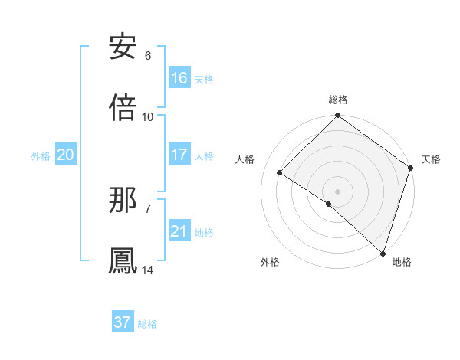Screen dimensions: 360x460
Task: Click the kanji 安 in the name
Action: [123, 47]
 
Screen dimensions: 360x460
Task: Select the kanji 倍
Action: [123, 107]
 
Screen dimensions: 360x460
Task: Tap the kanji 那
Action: [123, 200]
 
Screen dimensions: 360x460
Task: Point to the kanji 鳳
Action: [123, 260]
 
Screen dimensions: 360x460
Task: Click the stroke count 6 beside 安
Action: [148, 56]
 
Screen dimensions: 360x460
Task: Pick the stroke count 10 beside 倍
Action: [148, 117]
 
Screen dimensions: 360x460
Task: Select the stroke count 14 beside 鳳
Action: [148, 270]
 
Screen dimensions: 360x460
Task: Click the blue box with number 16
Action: [179, 78]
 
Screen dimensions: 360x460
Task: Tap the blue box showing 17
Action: [179, 155]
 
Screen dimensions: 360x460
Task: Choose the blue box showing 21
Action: [179, 231]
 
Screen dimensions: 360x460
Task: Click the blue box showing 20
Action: [66, 155]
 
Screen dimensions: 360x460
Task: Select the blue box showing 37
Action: [123, 322]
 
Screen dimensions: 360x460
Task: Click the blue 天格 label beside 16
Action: [204, 79]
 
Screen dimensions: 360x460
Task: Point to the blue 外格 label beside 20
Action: [41, 155]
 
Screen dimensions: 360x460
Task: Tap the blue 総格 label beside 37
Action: [147, 324]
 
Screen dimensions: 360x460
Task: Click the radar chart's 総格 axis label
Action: [338, 100]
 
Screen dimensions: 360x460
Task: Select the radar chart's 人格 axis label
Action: [245, 159]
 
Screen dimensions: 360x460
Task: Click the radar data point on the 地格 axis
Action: [382, 253]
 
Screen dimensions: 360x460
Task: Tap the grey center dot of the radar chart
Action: [337, 191]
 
